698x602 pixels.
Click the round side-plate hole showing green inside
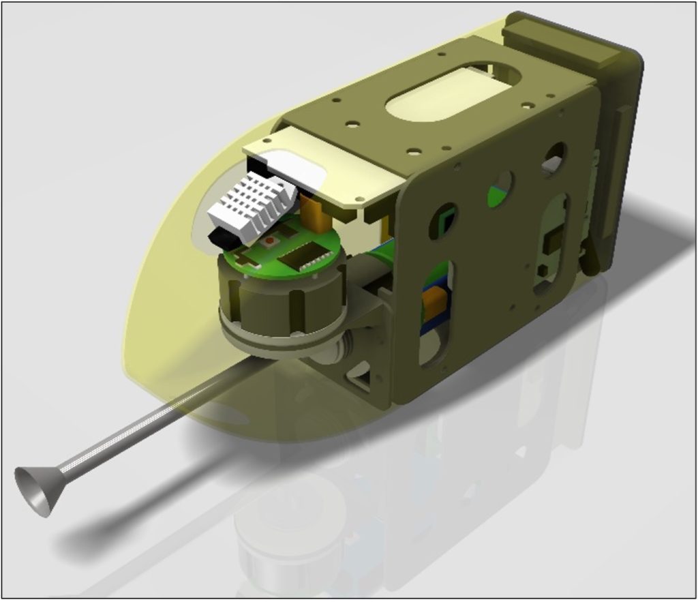coord(501,189)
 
